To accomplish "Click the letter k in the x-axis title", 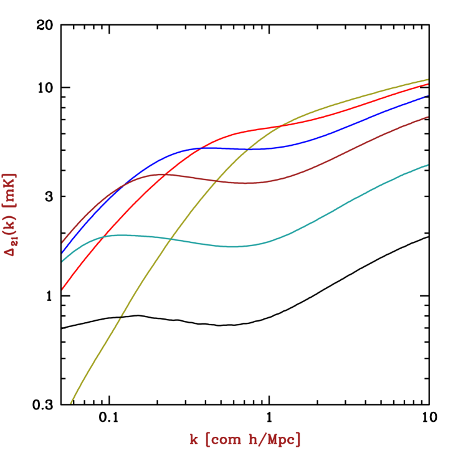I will pos(194,439).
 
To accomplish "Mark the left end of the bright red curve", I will pos(62,290).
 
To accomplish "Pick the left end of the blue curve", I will pos(62,254).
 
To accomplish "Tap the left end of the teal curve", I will pos(62,262).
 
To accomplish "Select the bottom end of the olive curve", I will pos(71,403).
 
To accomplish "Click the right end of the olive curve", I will pos(428,80).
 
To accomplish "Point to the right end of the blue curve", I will pos(428,95).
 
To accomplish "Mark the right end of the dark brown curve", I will pos(428,117).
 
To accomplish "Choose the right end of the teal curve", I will pos(428,165).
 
